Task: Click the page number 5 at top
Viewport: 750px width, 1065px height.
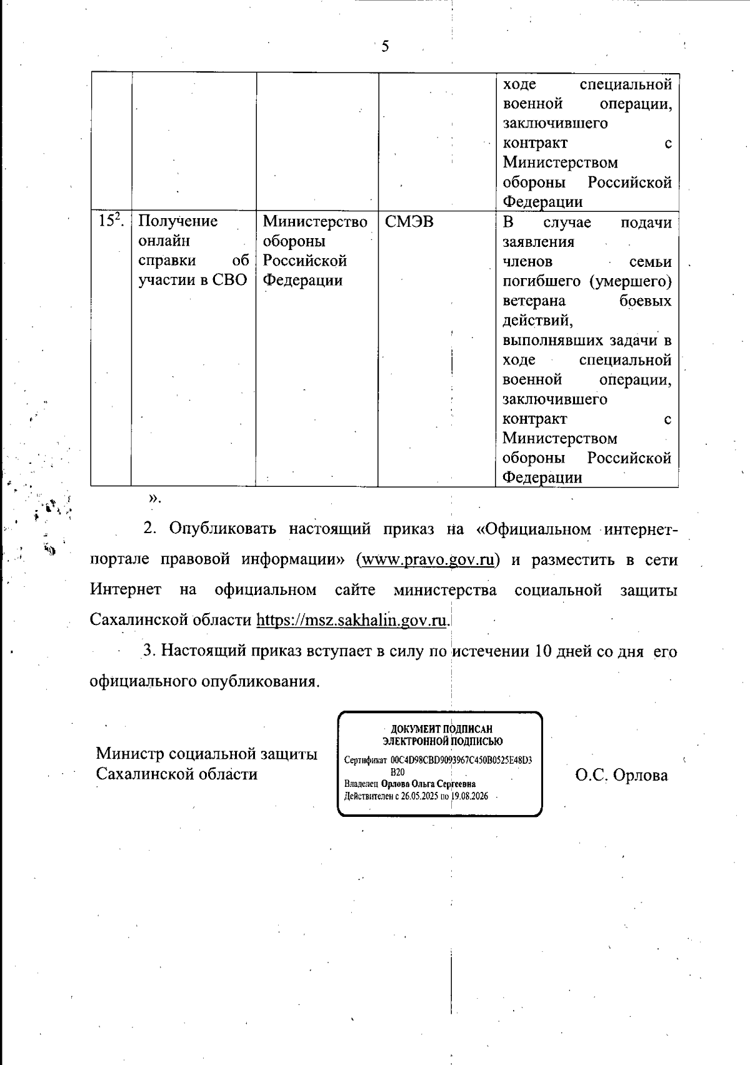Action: point(385,46)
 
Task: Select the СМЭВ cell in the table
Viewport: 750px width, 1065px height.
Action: point(409,221)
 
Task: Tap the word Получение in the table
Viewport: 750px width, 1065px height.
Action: point(177,221)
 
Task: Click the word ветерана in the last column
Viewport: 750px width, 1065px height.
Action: point(534,301)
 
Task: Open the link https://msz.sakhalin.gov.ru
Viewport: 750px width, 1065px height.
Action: point(352,620)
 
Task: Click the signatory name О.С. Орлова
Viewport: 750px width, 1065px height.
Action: point(621,775)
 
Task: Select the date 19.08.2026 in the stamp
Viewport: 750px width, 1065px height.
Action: point(469,796)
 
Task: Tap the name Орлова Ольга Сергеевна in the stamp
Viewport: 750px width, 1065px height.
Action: point(428,784)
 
